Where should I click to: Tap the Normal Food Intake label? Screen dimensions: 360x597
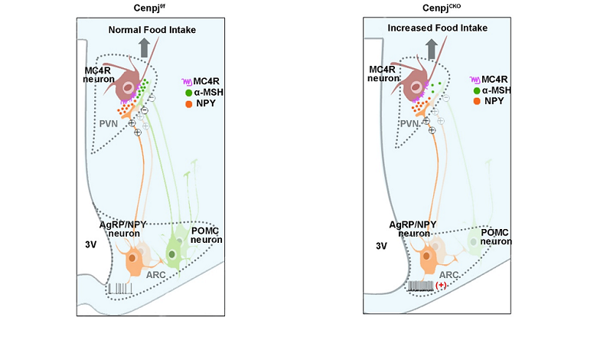click(152, 30)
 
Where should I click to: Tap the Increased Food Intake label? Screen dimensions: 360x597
click(438, 28)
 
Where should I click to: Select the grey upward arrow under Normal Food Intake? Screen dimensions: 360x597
click(144, 48)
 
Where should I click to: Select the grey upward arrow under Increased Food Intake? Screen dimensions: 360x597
click(431, 48)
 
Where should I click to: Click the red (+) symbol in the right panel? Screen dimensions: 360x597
click(442, 286)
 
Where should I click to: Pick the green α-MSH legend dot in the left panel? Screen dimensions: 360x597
click(188, 92)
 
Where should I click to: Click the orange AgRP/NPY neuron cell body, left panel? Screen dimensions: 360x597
click(134, 260)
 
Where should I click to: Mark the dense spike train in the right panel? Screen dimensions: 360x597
click(420, 286)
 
